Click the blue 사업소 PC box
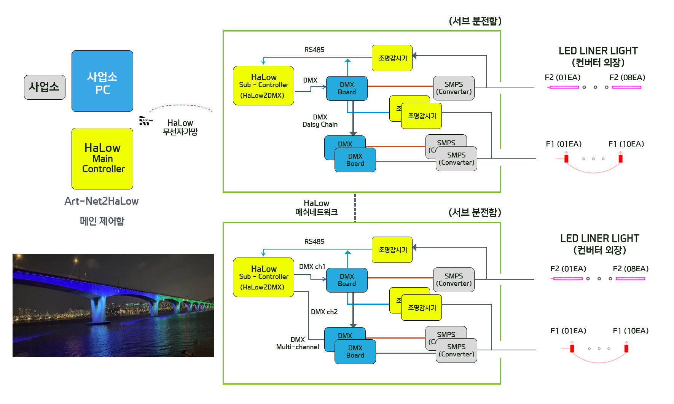coord(102,81)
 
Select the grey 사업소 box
coord(45,87)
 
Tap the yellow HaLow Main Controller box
coord(102,158)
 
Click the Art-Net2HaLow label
coord(101,201)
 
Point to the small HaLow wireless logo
coord(145,121)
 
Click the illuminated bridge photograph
coord(113,305)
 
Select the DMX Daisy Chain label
coord(320,121)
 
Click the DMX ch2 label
coord(324,312)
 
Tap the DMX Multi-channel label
coord(298,343)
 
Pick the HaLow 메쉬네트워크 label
coord(316,208)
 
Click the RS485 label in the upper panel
coord(314,50)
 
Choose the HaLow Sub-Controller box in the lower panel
coord(263,277)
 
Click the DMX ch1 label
coord(312,267)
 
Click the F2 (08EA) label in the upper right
coord(627,78)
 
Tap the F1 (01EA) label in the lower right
coord(568,331)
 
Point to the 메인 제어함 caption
coord(102,221)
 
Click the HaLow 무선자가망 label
coord(180,127)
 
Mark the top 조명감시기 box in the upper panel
coord(392,58)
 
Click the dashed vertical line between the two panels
coord(355,207)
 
